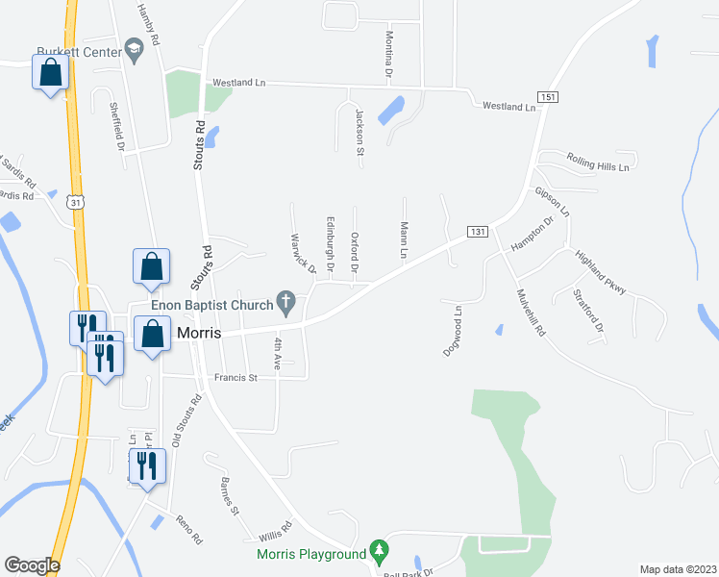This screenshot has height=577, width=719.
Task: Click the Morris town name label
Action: click(x=198, y=333)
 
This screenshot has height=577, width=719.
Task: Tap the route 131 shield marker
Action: click(x=477, y=232)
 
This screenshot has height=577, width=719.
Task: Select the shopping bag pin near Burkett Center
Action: click(x=50, y=72)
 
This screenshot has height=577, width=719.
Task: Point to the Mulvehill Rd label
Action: click(x=530, y=313)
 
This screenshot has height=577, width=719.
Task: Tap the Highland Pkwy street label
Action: click(x=600, y=273)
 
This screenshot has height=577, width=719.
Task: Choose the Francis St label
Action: click(x=236, y=378)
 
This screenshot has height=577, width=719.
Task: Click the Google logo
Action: click(x=32, y=565)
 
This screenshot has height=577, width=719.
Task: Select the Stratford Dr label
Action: click(x=588, y=311)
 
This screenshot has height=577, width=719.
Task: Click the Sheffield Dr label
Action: click(x=117, y=126)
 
